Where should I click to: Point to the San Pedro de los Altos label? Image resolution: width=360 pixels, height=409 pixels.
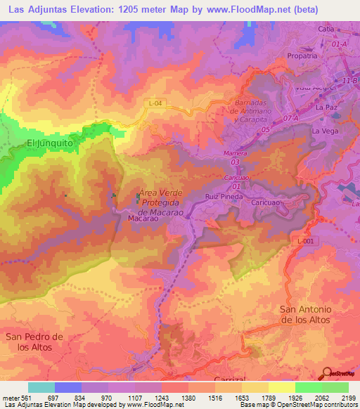point(34,342)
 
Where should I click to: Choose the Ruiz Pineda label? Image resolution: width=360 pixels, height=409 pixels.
point(224,197)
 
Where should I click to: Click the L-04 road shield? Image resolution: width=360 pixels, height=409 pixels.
point(156,104)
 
